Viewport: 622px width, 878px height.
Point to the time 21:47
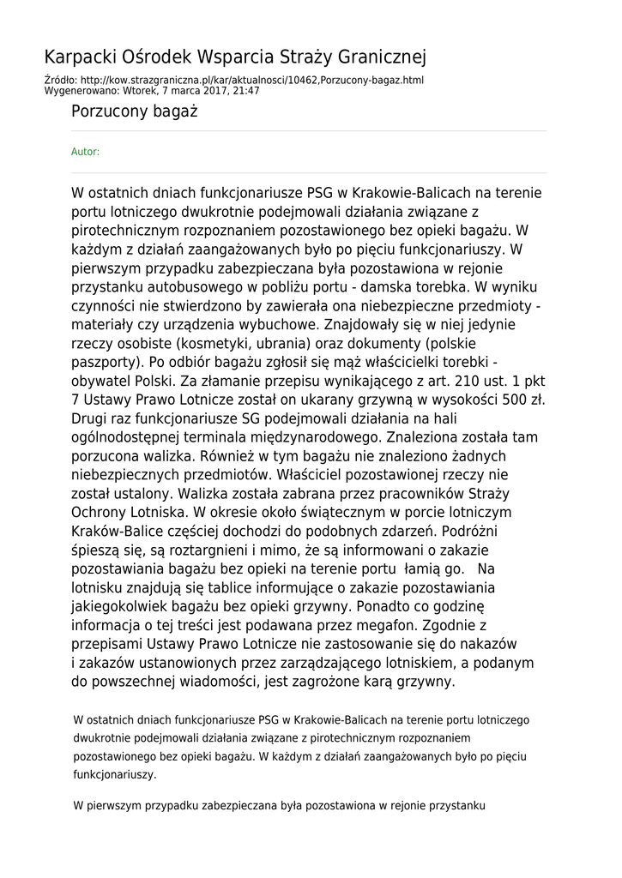246,90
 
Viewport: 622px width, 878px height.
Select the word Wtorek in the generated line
140,90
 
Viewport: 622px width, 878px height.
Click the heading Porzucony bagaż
135,111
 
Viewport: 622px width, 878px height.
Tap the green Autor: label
85,152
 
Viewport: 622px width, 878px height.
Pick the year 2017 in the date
211,90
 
